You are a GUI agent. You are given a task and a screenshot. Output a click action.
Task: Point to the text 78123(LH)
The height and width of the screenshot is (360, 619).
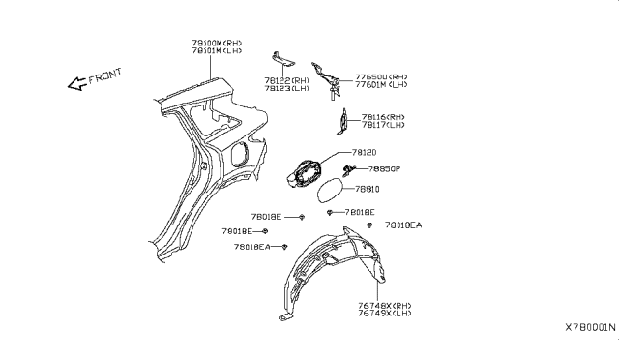[286, 88]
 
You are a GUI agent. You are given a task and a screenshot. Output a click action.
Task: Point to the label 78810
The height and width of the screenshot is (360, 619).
[368, 190]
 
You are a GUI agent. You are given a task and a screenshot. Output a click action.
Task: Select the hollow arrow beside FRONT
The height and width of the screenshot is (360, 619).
[75, 85]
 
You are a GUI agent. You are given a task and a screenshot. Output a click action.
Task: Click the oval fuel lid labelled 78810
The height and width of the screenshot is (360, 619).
[333, 189]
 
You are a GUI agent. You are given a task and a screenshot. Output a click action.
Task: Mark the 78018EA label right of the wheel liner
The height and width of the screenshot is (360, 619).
[403, 225]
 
